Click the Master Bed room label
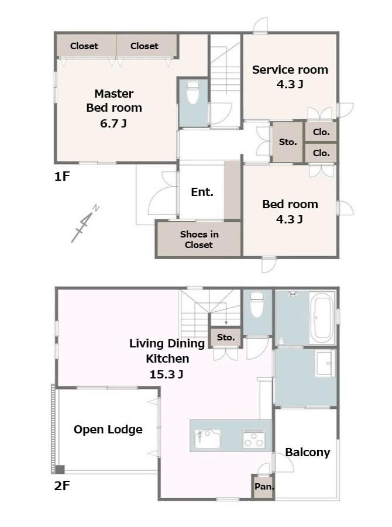coord(114,108)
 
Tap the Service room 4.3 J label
coord(290,77)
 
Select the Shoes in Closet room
coord(199,239)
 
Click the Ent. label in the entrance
coord(202,192)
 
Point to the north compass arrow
coord(85,223)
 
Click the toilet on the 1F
coord(192,92)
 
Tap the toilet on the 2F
coord(257,305)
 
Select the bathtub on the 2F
coord(321,318)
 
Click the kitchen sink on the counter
coord(208,439)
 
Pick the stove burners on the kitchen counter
coord(254,439)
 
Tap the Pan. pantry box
coord(263,486)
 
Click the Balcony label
coord(307,452)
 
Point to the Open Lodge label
coord(108,429)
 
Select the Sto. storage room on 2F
coord(226,337)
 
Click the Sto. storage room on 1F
coord(288,142)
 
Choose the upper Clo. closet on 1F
coord(321,132)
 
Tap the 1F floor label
coord(62,176)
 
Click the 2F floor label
coord(62,485)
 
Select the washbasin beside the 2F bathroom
coord(325,363)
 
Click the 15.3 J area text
coord(166,374)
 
